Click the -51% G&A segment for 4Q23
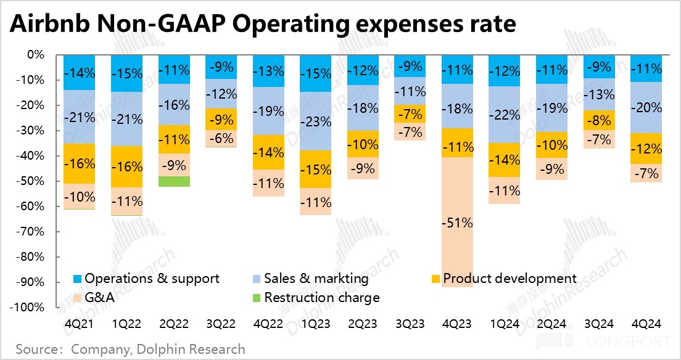click(458, 223)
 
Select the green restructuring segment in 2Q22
click(175, 181)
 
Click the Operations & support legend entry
click(146, 279)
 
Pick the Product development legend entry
click(503, 279)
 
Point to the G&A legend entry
click(95, 298)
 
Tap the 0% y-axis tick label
click(36, 55)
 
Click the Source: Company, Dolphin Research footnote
click(130, 350)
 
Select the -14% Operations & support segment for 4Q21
click(80, 72)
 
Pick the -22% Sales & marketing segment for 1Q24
click(505, 115)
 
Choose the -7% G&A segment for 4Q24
click(646, 173)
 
